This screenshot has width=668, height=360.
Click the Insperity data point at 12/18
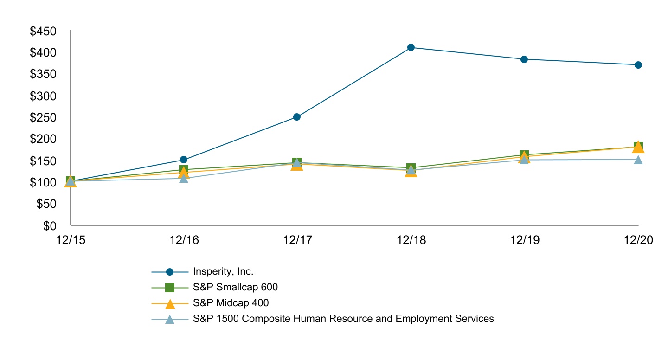(x=411, y=47)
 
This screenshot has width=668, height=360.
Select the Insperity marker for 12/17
(x=297, y=117)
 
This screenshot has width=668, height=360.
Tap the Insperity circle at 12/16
(x=184, y=160)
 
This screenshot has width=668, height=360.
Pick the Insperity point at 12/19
(x=524, y=59)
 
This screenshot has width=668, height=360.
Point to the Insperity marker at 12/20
(x=638, y=65)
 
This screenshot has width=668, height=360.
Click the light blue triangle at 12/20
(x=638, y=160)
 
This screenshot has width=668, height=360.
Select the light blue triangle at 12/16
(x=184, y=178)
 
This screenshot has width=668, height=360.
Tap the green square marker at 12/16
(x=184, y=170)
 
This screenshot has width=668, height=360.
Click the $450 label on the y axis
(x=43, y=32)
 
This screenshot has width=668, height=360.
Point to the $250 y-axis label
(x=43, y=118)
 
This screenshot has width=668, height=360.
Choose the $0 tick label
(x=50, y=225)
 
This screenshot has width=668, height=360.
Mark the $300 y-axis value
(x=43, y=96)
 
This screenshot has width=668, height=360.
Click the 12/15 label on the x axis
(x=70, y=240)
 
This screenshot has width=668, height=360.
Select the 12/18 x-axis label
(x=411, y=240)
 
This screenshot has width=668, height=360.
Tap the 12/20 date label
(x=638, y=240)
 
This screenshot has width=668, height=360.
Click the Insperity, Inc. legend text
(x=223, y=272)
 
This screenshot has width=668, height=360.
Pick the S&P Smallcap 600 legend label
(x=235, y=287)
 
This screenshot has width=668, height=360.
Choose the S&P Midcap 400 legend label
(x=231, y=303)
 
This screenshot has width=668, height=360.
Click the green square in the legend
(x=170, y=288)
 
